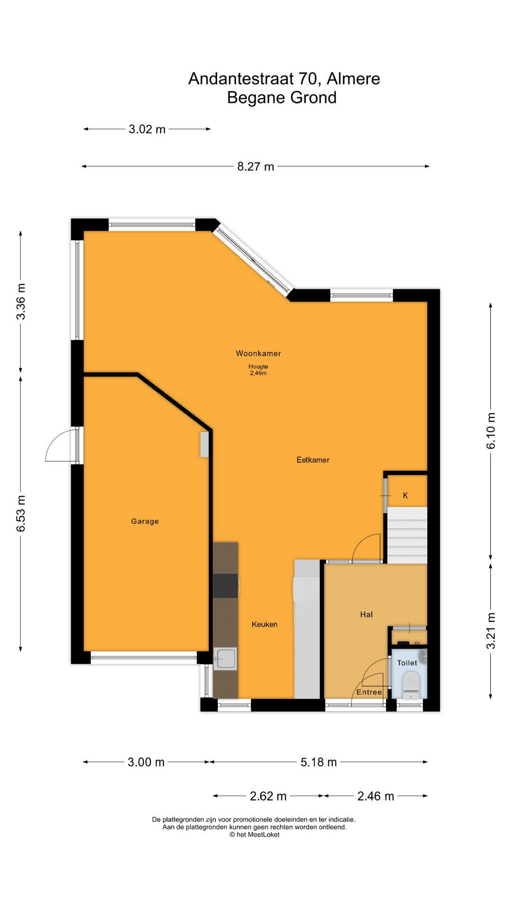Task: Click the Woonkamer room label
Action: click(x=258, y=353)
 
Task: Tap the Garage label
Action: click(x=145, y=521)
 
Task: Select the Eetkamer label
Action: click(x=313, y=460)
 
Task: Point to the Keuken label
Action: click(x=264, y=624)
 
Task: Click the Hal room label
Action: click(x=366, y=615)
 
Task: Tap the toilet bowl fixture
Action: click(x=410, y=685)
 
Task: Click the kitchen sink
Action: click(x=225, y=659)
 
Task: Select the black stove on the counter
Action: click(x=226, y=586)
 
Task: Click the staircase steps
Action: click(x=407, y=535)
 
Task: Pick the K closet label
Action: click(x=405, y=496)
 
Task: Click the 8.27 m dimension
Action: click(x=255, y=167)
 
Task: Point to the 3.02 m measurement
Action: click(x=147, y=129)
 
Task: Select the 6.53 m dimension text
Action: click(x=21, y=514)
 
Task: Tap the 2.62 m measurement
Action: click(x=268, y=796)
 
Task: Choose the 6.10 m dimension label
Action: click(x=491, y=431)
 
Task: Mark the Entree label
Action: click(x=369, y=692)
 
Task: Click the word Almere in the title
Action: click(x=353, y=79)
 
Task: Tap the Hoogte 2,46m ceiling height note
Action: click(x=258, y=370)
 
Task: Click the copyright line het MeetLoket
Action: click(x=255, y=835)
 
